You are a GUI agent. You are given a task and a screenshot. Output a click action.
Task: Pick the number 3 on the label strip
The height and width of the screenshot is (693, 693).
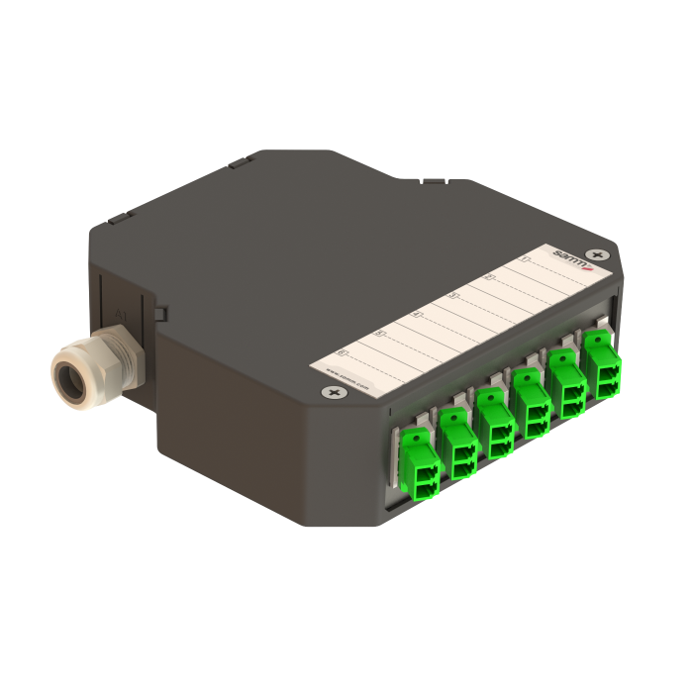pos(453,295)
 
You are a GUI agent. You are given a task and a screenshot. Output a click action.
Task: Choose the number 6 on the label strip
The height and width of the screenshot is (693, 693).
pos(343,351)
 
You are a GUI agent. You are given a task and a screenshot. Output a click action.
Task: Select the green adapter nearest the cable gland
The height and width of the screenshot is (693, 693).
pos(419,463)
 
